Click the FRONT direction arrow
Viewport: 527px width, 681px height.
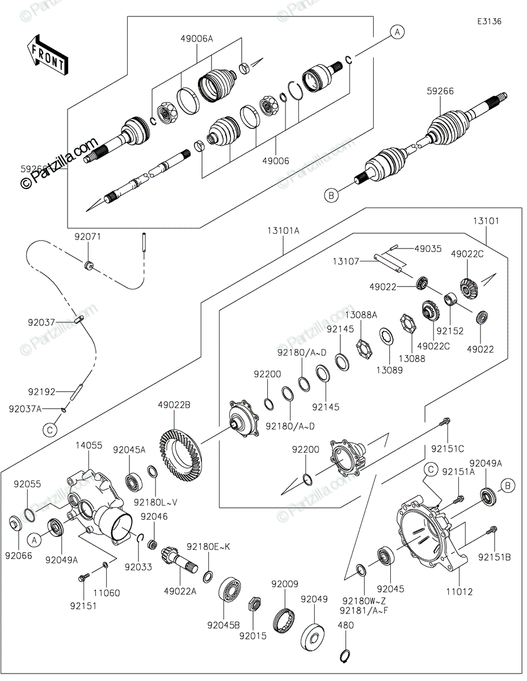(47, 55)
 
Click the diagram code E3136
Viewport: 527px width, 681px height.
(489, 22)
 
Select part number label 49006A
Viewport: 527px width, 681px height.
(197, 39)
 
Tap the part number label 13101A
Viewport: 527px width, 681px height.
(284, 231)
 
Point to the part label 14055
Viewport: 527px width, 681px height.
(89, 445)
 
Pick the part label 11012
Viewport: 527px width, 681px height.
(459, 592)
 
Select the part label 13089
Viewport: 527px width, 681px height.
(390, 370)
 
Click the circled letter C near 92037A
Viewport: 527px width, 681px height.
(50, 430)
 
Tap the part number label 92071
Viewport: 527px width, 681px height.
(88, 237)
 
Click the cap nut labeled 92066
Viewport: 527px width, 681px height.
(15, 523)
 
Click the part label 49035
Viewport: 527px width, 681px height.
(428, 249)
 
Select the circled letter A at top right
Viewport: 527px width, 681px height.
(397, 32)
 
